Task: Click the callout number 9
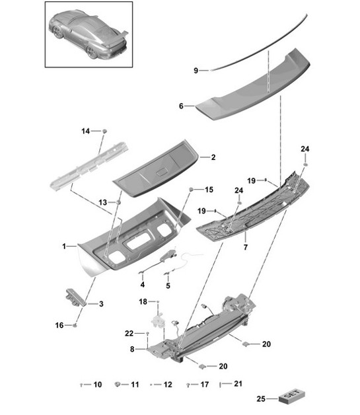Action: [196, 70]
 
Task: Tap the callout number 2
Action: [213, 157]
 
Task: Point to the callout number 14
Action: [85, 132]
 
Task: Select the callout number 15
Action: [209, 190]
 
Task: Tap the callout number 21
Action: [238, 384]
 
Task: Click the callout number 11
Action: [135, 384]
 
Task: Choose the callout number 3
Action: [101, 304]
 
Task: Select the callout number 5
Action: [168, 285]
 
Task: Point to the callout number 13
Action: [102, 202]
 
